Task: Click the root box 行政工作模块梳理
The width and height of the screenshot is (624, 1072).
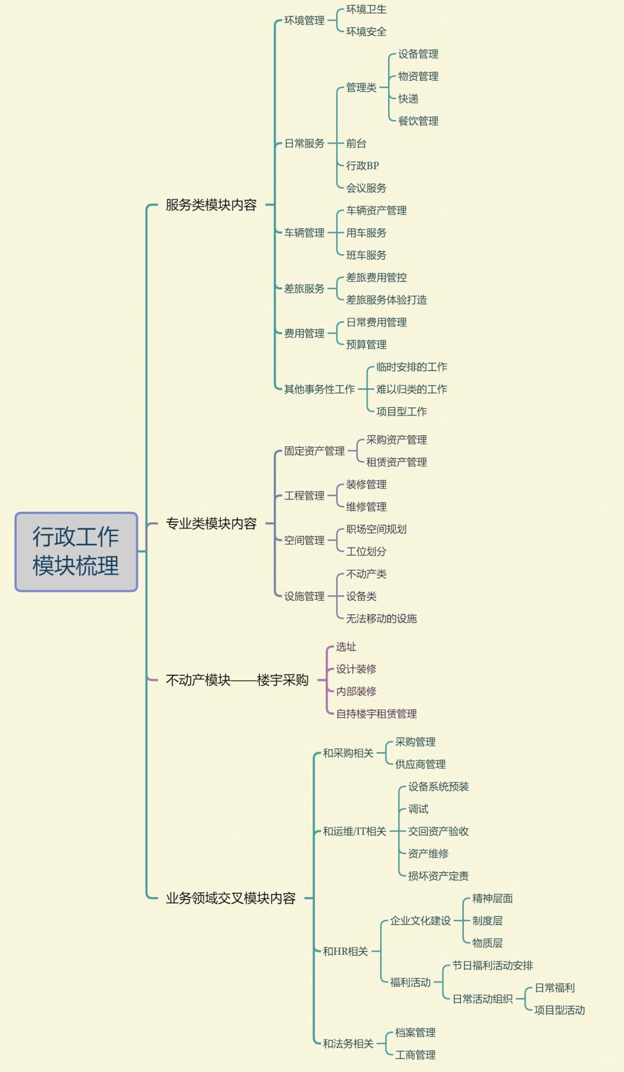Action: (x=76, y=552)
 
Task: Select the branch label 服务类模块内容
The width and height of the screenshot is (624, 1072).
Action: (x=211, y=205)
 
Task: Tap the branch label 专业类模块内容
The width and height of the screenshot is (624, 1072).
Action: (x=211, y=524)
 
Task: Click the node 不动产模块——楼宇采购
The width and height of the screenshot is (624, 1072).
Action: (x=237, y=680)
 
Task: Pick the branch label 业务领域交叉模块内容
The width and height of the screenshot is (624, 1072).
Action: (x=231, y=898)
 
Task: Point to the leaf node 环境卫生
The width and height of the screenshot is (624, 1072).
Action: (x=366, y=9)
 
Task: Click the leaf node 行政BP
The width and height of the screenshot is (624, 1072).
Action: (x=362, y=166)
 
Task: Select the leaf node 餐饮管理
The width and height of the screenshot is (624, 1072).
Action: (x=418, y=121)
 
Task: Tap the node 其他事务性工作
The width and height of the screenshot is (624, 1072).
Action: (x=319, y=389)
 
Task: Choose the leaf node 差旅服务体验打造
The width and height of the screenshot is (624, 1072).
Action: (x=386, y=300)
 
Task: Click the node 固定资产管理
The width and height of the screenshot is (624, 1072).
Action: (x=314, y=451)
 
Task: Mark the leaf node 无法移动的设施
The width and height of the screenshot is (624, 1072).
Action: (x=381, y=619)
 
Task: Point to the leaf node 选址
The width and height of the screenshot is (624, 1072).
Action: (x=346, y=647)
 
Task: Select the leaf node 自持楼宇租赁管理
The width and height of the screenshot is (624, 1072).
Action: (x=376, y=714)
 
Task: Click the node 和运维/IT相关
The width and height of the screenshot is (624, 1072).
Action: (x=354, y=831)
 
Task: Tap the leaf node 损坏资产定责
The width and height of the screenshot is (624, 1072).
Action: (x=438, y=876)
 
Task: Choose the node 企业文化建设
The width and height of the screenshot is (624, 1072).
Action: (x=420, y=921)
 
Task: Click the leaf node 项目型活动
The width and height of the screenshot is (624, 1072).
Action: (x=559, y=1010)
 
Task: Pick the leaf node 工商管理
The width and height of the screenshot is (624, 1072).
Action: (x=415, y=1055)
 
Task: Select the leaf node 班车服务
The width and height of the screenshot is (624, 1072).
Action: (x=366, y=255)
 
